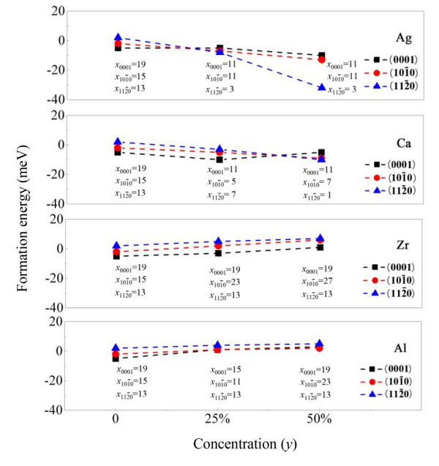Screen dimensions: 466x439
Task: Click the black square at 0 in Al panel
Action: point(116,358)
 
